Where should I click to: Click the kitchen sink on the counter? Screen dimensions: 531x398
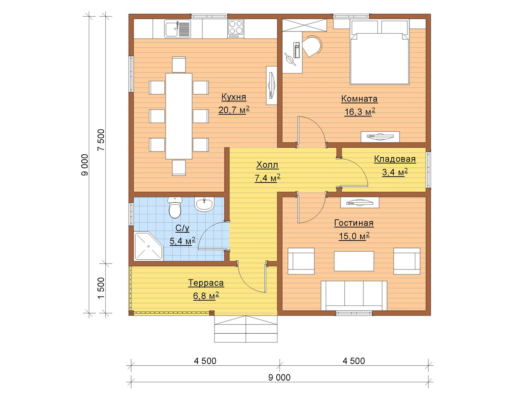tap(178, 29)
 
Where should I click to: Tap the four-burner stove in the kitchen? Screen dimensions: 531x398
tap(236, 29)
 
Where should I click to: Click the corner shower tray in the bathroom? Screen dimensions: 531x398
tap(149, 246)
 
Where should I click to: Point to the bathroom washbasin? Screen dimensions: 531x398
tap(204, 204)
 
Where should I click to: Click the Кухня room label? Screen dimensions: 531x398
tap(234, 97)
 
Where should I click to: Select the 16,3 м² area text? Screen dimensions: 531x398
tap(360, 112)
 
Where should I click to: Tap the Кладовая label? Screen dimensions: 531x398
tap(395, 159)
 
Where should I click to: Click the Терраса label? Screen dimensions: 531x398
tap(206, 283)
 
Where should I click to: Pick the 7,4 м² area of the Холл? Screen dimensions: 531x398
tap(268, 178)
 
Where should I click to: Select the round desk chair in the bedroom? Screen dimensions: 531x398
tap(312, 46)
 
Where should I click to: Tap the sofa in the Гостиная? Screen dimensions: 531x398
tap(354, 296)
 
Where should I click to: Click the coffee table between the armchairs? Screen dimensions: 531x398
tap(354, 261)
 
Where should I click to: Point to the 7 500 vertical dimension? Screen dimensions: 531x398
tap(101, 140)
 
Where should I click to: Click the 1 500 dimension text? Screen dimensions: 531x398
tap(101, 288)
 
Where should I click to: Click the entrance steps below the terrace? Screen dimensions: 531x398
tap(246, 329)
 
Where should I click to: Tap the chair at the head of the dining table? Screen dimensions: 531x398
tap(179, 65)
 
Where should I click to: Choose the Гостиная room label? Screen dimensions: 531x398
tap(354, 223)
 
